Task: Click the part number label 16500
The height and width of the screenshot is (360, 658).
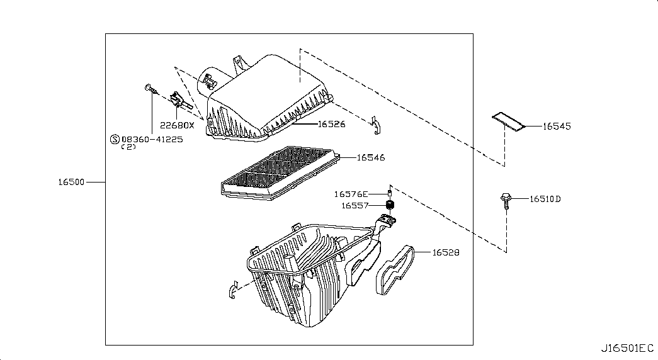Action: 71,182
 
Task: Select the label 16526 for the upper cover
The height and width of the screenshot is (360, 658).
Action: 331,124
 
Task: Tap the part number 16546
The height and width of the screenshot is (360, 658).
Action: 371,157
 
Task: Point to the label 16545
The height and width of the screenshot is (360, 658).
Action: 557,126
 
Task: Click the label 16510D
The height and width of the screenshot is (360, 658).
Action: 545,199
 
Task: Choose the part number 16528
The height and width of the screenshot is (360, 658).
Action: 446,252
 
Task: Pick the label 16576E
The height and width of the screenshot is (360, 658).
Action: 351,194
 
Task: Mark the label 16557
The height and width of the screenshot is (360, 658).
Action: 355,206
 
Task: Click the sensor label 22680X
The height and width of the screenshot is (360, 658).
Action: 177,125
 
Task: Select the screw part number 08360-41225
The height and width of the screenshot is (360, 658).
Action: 152,139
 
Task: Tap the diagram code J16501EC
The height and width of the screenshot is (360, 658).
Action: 627,348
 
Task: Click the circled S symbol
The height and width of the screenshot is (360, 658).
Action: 115,139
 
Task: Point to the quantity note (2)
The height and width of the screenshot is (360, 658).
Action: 128,147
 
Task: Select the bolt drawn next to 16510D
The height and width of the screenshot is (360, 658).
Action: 506,201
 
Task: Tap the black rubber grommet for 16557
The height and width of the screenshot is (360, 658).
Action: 390,205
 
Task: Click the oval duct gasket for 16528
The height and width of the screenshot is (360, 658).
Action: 395,270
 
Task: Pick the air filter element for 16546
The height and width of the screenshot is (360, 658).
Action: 280,173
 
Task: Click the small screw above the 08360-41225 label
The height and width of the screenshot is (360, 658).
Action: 151,89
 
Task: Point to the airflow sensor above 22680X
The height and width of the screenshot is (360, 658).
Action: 181,101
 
